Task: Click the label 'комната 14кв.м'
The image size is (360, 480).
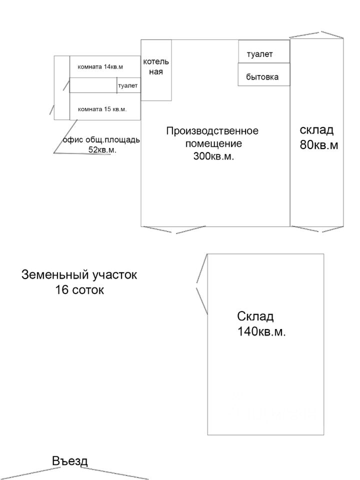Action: coord(100,66)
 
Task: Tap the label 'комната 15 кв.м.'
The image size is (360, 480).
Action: coord(102,109)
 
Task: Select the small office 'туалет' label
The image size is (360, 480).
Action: coord(128,85)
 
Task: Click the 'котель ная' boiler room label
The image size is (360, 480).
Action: coord(156,66)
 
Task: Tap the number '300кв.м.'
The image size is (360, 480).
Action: coord(213,156)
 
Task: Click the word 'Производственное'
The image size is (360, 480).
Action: coord(212,131)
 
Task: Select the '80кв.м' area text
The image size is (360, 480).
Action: coord(319,145)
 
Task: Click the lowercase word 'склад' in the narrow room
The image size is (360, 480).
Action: coord(316,130)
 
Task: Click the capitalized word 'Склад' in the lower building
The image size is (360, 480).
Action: coord(255,316)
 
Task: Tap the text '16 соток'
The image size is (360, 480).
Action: coord(79,289)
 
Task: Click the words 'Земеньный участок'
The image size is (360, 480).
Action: coord(79,274)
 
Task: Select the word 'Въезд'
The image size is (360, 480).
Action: coord(70,460)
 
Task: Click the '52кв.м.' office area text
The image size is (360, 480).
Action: coord(102,150)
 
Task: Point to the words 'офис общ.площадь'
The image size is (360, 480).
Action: coord(101,140)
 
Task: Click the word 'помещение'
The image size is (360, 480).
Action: coord(213,143)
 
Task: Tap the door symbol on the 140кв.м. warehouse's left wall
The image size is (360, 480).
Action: coord(202,284)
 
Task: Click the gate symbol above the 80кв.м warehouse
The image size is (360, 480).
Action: coord(316,35)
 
